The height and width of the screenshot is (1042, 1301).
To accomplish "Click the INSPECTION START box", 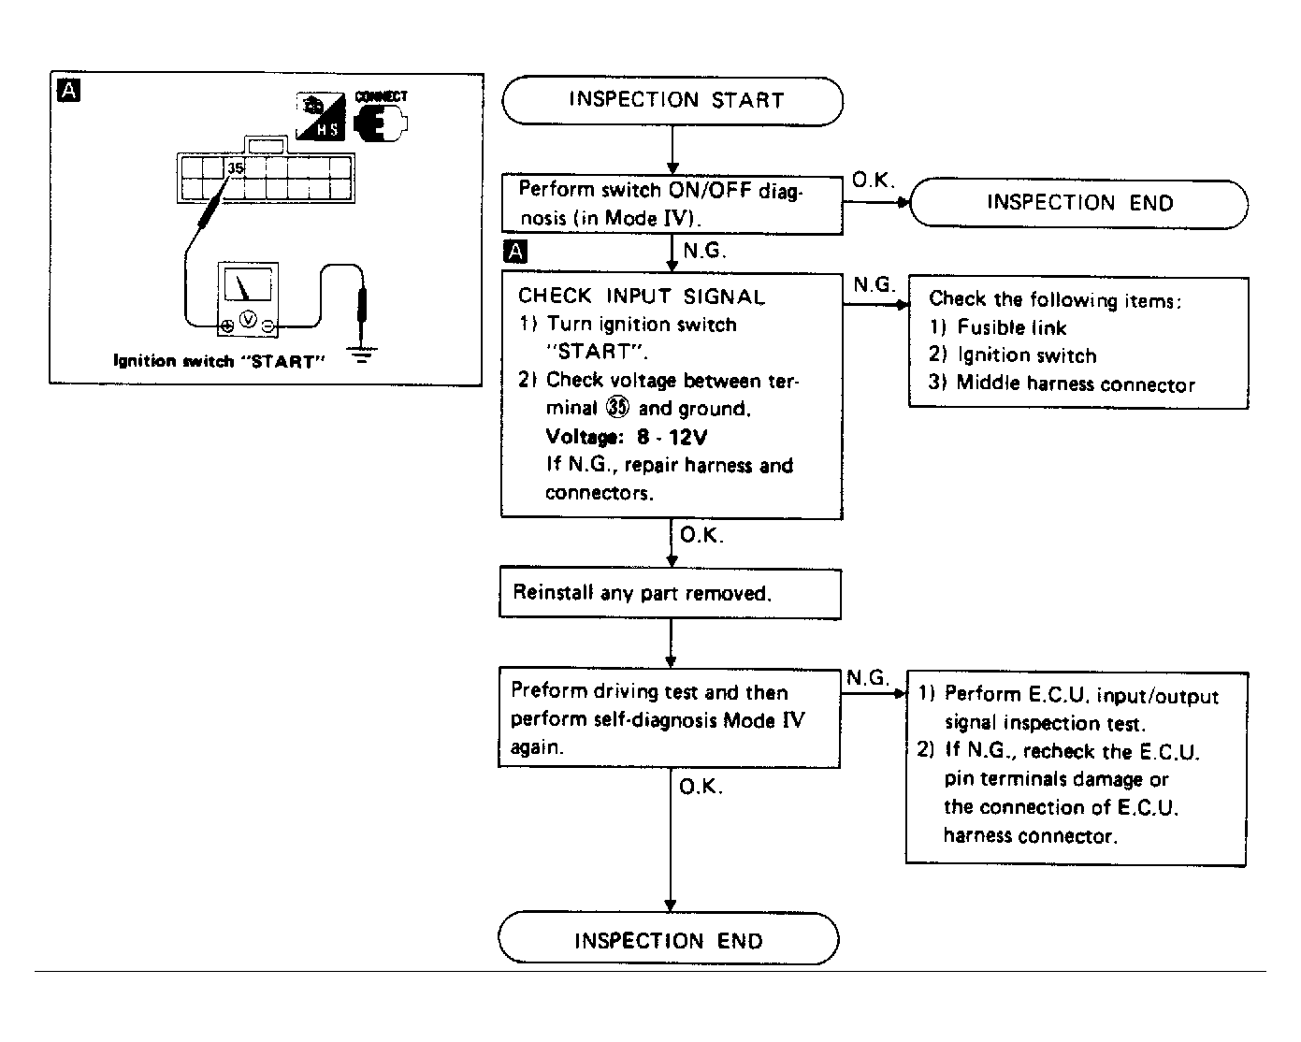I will click(672, 101).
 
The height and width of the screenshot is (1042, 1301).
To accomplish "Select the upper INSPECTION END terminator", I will click(1078, 203).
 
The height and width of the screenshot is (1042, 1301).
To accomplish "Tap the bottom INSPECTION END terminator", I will click(669, 939).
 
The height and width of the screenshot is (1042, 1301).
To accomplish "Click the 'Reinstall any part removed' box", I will click(670, 594).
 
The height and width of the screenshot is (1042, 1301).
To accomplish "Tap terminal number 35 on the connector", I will click(236, 168).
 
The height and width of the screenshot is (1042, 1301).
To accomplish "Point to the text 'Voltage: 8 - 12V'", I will click(626, 437).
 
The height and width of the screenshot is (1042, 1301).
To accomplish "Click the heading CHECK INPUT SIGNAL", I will click(642, 297).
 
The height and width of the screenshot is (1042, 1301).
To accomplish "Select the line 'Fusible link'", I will click(1011, 327).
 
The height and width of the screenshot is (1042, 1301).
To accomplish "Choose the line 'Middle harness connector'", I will click(1076, 384).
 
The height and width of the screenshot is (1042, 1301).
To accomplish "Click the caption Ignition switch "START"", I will click(219, 361).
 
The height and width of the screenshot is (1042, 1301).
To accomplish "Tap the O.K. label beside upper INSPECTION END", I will click(873, 181).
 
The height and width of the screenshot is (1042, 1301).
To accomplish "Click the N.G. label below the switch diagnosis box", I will click(704, 251).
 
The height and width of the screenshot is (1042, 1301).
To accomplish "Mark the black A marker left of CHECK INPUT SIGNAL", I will click(514, 251).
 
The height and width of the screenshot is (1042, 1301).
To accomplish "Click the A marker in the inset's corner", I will click(68, 91).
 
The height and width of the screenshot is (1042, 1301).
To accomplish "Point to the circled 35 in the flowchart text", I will click(616, 408).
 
